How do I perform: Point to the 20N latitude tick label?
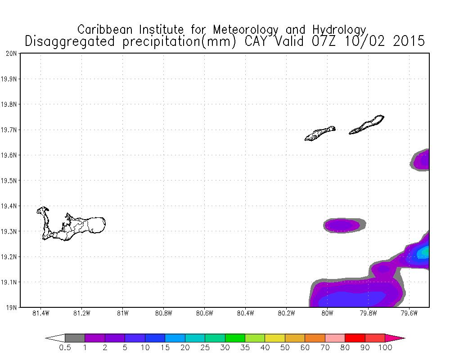[11, 54]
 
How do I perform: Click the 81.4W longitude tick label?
[40, 314]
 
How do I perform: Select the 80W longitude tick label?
[327, 314]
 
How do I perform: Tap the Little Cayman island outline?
[320, 133]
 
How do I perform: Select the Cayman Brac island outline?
[367, 125]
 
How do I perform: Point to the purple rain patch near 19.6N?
[422, 160]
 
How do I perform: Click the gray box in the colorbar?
[75, 338]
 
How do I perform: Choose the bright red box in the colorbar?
[355, 338]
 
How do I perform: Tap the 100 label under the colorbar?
[385, 348]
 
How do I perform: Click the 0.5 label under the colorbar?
[65, 348]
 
